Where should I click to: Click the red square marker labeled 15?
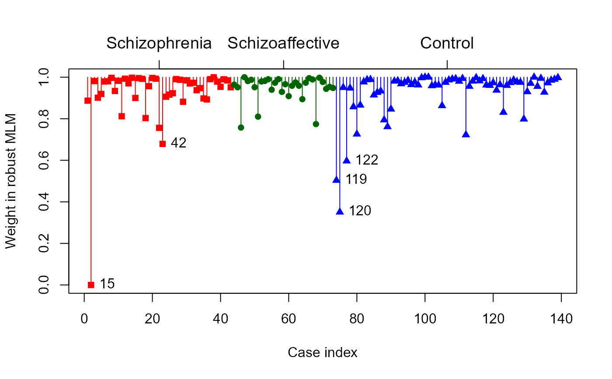click(x=91, y=285)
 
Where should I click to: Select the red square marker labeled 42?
click(x=163, y=144)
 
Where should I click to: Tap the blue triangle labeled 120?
click(x=340, y=211)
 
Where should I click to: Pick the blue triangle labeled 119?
click(x=336, y=179)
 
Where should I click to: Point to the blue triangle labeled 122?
click(x=347, y=160)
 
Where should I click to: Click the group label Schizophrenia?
click(x=159, y=43)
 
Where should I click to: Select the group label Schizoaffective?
click(x=283, y=43)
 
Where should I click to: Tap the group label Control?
click(x=447, y=43)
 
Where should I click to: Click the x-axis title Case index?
click(x=323, y=353)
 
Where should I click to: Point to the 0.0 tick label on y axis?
click(x=44, y=285)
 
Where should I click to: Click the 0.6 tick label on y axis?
click(x=44, y=160)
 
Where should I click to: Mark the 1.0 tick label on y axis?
click(x=44, y=77)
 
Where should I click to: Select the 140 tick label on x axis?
click(x=561, y=319)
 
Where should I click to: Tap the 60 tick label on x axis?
click(x=289, y=319)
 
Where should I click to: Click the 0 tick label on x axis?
click(x=84, y=319)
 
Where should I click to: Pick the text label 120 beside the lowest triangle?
click(x=360, y=211)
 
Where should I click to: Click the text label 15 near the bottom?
click(x=107, y=284)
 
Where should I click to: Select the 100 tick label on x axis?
click(x=425, y=319)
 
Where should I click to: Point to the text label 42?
click(x=178, y=143)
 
